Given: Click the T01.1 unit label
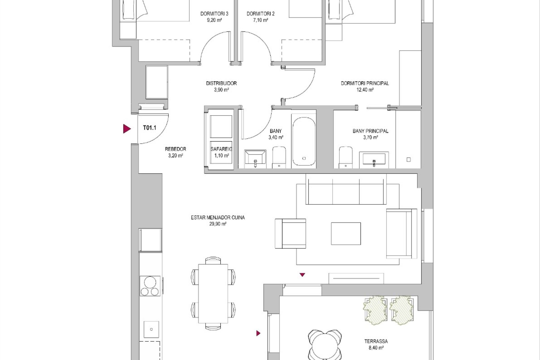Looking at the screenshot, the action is pos(150,128).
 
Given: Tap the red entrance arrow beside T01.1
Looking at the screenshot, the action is pos(127,129).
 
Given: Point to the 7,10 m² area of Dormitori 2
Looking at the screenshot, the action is pos(261,20).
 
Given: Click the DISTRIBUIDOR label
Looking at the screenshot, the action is pos(221,83).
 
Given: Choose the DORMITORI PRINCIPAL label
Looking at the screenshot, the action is pos(365,83).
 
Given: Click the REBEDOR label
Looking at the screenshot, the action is pos(175,149).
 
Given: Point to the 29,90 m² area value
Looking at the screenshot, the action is pos(218,224).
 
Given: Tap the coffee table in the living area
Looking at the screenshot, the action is pos(346,233).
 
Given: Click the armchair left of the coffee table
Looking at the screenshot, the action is pos(290,234).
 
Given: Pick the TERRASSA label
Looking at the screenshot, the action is pos(376,341).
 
